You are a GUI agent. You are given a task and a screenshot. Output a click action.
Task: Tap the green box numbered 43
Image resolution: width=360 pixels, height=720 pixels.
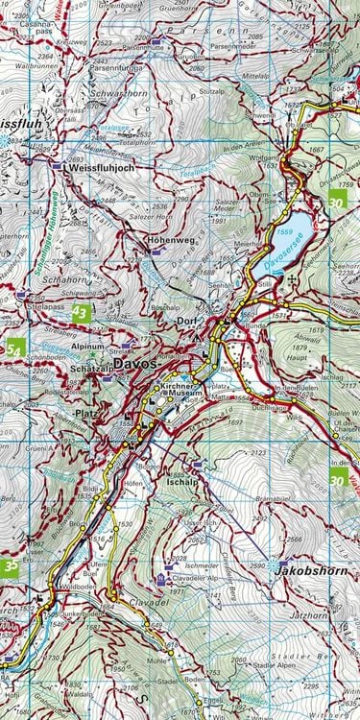click(x=81, y=313)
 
